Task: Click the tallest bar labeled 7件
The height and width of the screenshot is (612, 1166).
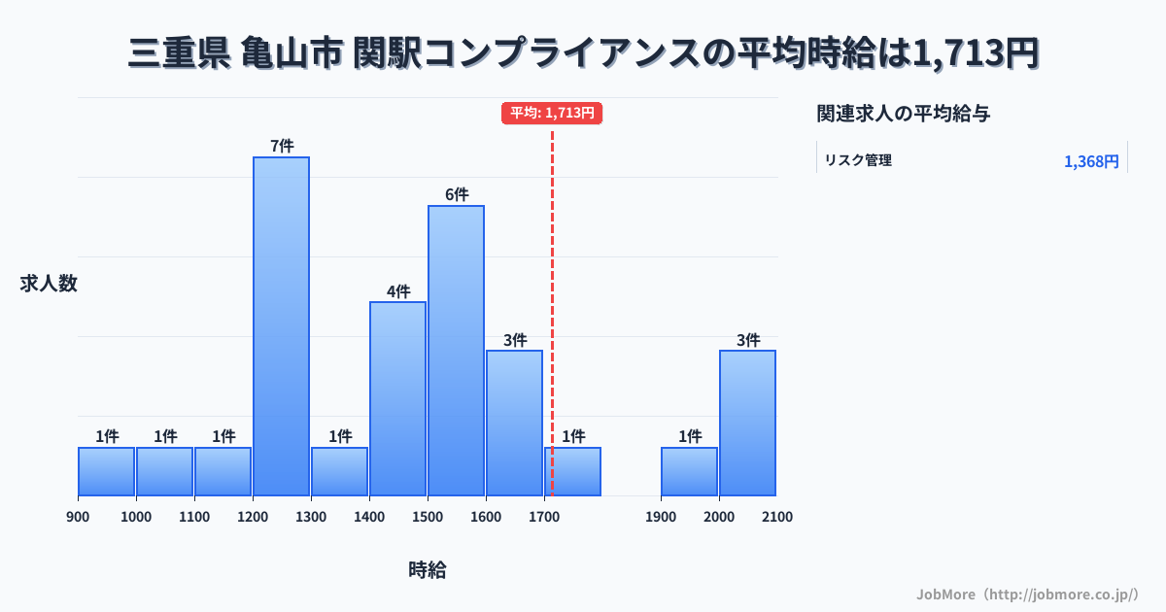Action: pos(281,325)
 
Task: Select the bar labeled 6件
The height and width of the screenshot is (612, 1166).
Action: pos(456,350)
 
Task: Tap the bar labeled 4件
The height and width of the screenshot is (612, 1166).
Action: pos(397,398)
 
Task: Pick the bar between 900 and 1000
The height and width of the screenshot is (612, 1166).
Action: pos(106,471)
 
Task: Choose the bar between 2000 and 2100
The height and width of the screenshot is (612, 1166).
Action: pos(747,423)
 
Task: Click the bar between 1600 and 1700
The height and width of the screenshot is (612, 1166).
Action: pos(514,423)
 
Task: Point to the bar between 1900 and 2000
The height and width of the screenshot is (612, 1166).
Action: pos(689,471)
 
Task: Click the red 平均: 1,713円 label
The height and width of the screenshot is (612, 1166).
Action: pos(552,113)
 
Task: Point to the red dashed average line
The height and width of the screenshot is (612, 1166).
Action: pos(552,291)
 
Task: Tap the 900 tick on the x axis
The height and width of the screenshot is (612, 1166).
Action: pos(78,517)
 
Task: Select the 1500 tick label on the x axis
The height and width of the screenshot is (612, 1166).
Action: pos(428,517)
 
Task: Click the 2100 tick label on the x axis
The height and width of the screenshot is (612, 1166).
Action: pos(777,517)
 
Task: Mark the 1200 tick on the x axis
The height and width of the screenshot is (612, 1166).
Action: pos(253,517)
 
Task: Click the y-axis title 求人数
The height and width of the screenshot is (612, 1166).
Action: pos(49,284)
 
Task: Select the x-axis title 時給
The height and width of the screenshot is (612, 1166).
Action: pos(428,570)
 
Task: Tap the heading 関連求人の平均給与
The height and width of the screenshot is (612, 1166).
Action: pos(904,114)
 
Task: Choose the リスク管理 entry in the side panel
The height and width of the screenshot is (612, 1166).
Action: pos(858,160)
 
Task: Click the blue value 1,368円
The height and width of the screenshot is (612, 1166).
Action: pos(1091,161)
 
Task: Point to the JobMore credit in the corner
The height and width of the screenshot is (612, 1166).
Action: pos(1027,594)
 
